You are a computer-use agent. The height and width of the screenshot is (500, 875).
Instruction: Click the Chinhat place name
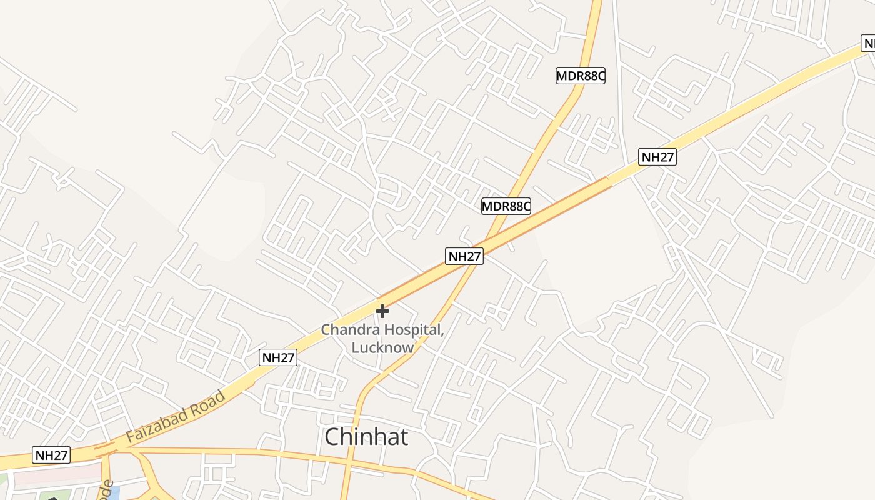(x=366, y=437)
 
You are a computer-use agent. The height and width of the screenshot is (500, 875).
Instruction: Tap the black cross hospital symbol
(x=382, y=311)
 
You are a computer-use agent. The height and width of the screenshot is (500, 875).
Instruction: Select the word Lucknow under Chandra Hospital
(x=382, y=347)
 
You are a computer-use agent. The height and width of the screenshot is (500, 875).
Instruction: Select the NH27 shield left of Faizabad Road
(x=52, y=455)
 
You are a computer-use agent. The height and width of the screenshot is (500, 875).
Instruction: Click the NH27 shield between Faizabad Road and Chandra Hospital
(x=278, y=357)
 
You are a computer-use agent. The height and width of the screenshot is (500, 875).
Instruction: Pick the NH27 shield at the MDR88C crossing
(x=464, y=256)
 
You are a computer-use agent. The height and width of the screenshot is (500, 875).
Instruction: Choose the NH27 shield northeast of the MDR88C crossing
(x=657, y=156)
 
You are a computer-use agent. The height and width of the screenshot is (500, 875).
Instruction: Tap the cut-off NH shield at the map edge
(x=868, y=43)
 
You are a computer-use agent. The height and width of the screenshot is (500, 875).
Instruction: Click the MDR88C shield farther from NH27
(x=581, y=76)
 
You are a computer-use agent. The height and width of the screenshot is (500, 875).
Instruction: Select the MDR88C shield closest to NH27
(x=506, y=206)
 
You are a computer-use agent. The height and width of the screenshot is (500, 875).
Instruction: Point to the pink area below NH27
(x=56, y=473)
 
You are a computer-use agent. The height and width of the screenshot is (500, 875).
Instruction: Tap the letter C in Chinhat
(x=334, y=437)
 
